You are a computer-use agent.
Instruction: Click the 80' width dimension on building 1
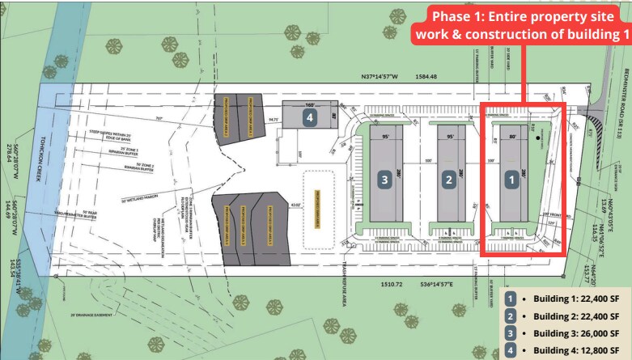pos(511,137)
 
